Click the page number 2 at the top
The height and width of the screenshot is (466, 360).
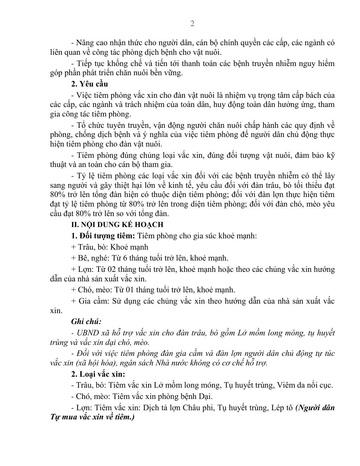[x=192, y=24]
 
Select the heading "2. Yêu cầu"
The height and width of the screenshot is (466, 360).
[x=89, y=84]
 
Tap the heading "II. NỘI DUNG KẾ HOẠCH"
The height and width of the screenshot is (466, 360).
[x=117, y=225]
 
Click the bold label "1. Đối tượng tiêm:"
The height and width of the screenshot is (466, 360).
[x=103, y=236]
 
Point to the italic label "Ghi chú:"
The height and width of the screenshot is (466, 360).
[x=86, y=321]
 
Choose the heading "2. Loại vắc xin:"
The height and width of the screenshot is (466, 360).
[x=98, y=374]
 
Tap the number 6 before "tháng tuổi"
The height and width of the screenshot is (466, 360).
[x=115, y=258]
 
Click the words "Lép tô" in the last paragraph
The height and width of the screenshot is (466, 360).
[x=282, y=407]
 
